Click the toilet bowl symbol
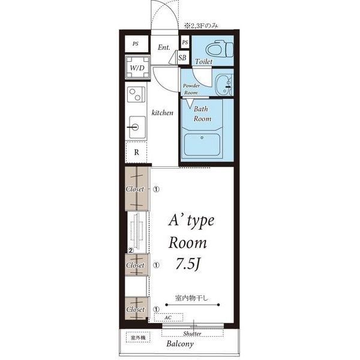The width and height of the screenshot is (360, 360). [220, 49]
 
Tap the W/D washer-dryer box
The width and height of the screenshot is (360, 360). [137, 67]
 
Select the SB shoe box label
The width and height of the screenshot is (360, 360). [182, 58]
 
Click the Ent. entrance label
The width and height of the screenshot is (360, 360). [164, 47]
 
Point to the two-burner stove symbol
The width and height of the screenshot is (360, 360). [136, 94]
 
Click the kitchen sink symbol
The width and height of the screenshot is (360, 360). [137, 127]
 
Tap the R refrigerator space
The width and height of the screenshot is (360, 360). [136, 152]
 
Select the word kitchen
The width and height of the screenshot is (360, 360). [163, 113]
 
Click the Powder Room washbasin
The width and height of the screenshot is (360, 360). [224, 85]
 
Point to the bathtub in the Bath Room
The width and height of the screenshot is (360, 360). [202, 145]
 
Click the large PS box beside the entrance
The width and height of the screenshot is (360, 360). [136, 44]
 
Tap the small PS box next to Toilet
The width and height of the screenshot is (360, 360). [185, 42]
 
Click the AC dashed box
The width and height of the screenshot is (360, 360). [169, 317]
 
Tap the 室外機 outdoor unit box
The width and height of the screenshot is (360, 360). [138, 337]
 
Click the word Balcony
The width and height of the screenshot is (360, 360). [180, 344]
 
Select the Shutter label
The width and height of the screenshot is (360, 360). [192, 334]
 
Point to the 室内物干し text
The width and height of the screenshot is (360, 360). [191, 298]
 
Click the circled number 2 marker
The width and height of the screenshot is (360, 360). [131, 250]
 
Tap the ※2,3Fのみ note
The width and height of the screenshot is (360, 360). [201, 26]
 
